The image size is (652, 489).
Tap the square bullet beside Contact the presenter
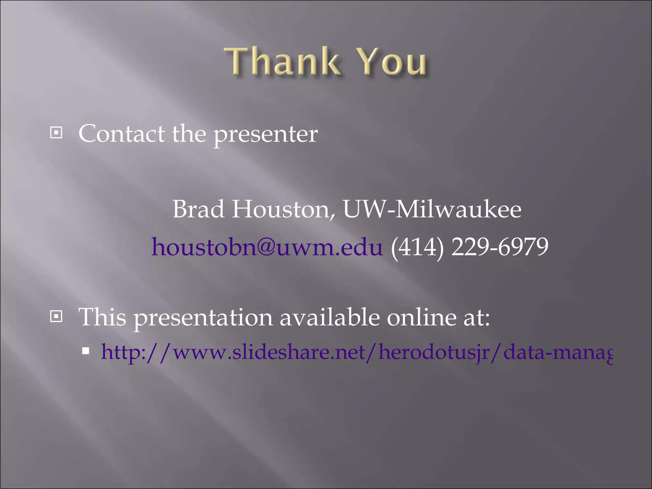56,133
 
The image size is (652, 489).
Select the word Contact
122,134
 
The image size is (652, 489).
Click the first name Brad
198,209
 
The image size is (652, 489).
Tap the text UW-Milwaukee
432,209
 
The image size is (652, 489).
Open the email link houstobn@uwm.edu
267,247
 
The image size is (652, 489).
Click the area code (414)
417,247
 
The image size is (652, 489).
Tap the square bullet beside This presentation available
56,316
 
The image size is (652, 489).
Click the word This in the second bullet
103,317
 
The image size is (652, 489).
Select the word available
330,317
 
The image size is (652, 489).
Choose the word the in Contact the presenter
189,134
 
